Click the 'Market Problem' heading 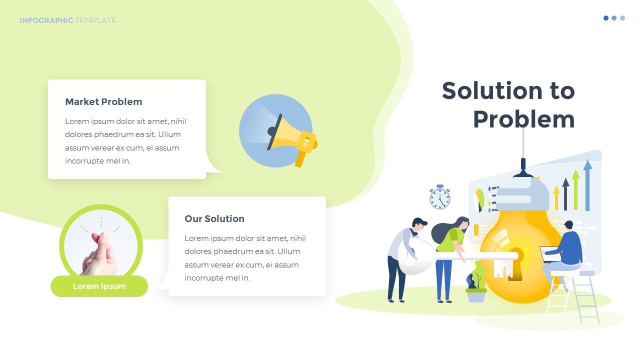coord(103,102)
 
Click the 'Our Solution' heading coord(214,219)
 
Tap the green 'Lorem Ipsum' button coord(99,286)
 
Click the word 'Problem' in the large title coord(523,119)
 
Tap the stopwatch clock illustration coord(440,198)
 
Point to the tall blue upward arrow coord(587,185)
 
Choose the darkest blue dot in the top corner coord(606,18)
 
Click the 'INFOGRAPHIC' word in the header coord(46,20)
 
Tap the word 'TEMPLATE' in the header coord(95,20)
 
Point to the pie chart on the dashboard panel coord(479,199)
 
